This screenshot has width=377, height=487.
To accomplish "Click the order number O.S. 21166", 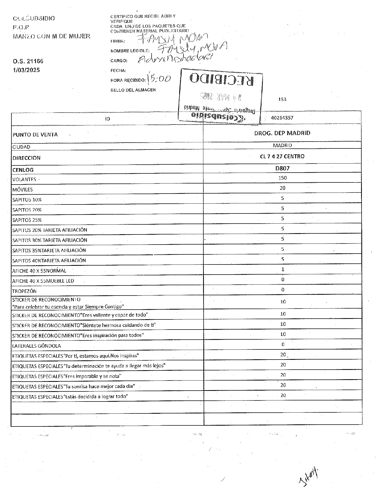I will (28, 61).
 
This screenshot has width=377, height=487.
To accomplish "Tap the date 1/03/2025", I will (26, 70).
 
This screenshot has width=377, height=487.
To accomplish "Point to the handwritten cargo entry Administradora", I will (175, 58).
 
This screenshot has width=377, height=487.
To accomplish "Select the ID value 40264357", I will (282, 118).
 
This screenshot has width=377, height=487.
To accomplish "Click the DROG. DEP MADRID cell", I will (282, 133).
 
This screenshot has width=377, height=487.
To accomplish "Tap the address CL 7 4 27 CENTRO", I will (282, 156).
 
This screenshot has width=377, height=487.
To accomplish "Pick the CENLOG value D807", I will (282, 168).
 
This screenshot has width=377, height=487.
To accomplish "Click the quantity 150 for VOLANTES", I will (282, 178).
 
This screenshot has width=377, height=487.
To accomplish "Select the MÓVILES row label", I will (23, 190).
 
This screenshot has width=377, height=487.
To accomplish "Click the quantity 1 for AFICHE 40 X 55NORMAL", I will (283, 269).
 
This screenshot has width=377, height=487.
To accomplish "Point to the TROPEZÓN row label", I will (24, 291).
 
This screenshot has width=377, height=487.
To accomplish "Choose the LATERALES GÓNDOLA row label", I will (37, 346).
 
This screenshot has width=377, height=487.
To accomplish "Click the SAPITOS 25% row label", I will (27, 220).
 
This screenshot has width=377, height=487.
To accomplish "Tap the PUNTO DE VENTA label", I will (35, 135).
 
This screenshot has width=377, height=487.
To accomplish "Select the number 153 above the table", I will (282, 99).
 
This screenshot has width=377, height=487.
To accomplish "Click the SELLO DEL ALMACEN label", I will (133, 90).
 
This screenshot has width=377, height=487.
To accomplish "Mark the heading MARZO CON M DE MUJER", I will (52, 36).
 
